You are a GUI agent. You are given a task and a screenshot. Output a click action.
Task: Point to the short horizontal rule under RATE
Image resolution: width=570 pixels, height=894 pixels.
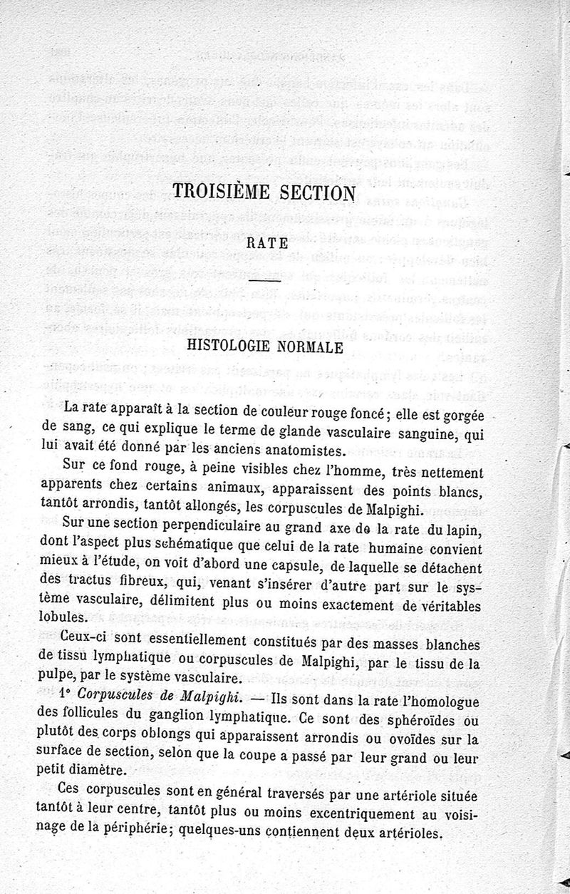point(266,286)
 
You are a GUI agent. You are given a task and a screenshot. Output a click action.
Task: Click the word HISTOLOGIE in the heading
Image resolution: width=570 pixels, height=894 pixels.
point(232,347)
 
